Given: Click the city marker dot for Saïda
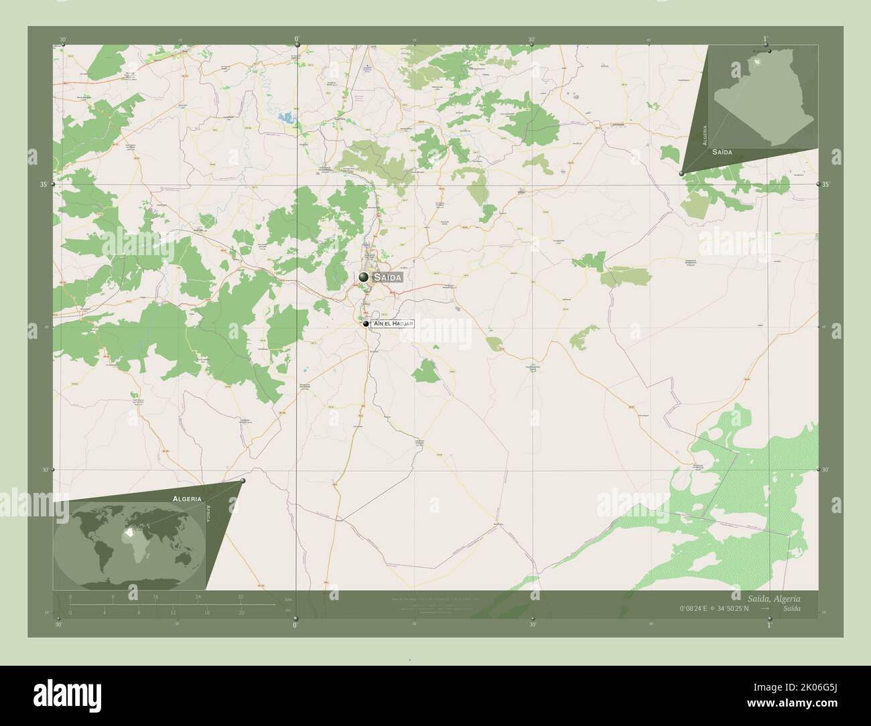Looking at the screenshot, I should [363, 277].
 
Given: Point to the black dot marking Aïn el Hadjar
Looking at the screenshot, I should [366, 324].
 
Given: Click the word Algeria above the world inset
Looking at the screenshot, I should [187, 499].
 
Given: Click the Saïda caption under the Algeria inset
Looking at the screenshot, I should [722, 153].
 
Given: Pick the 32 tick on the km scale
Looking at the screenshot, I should [241, 596].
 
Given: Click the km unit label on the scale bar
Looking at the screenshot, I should [289, 599].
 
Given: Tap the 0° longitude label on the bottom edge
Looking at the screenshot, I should [295, 625].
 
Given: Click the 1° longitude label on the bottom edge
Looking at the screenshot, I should [769, 625].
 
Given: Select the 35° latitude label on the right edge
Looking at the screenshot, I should [826, 184].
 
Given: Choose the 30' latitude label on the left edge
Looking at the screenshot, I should [45, 470].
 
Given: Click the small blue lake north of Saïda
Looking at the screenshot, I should [291, 117].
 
